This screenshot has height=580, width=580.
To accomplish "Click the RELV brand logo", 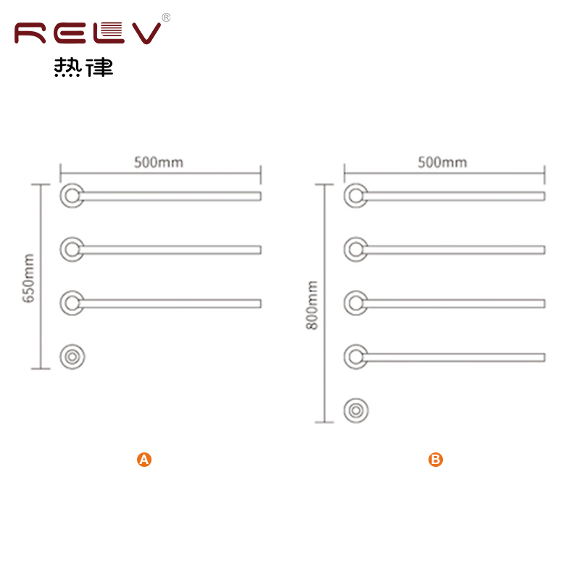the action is tap(88, 33).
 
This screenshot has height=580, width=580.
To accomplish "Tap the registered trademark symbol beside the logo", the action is tap(166, 17).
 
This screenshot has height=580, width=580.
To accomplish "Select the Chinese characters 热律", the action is tap(83, 67).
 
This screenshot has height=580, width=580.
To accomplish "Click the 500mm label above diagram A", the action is tap(158, 162).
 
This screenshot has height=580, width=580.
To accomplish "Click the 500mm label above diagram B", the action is tap(442, 162).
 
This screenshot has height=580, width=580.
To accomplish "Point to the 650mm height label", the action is tap(28, 278).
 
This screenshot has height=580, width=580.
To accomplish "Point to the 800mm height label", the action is tap(312, 305).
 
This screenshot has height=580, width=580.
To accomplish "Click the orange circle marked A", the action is tap(144, 460).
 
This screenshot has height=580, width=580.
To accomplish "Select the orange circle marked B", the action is tap(436, 460).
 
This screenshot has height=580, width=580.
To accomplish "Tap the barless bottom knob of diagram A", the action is tap(72, 357).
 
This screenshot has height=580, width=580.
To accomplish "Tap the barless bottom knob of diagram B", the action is tap(356, 410).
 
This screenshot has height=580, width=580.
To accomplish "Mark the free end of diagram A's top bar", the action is tap(261, 196).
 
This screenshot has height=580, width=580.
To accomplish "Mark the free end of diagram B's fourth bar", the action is tap(544, 357).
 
